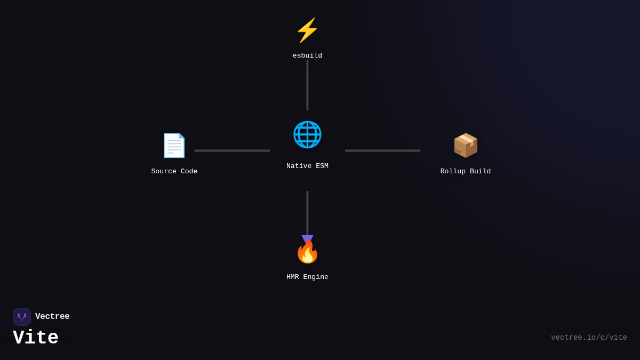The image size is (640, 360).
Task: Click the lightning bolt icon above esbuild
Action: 307,30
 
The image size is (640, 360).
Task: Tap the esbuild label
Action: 307,56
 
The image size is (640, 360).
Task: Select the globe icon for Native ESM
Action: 307,134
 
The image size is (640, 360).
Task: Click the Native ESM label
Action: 307,166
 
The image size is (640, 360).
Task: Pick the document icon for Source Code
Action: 174,145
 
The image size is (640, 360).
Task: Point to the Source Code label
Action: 174,172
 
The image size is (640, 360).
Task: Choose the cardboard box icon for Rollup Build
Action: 466,145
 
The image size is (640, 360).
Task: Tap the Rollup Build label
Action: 466,172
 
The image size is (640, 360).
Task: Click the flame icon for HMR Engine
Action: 307,252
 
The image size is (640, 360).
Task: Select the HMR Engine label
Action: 307,277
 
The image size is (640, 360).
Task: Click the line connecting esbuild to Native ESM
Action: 307,85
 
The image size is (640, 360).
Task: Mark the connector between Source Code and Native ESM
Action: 232,150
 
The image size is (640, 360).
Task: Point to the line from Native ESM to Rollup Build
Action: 382,150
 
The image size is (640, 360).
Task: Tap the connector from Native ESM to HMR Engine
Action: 307,212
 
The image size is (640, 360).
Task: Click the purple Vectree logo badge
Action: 22,317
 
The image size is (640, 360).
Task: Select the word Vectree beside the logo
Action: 52,317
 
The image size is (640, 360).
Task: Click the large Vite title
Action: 36,338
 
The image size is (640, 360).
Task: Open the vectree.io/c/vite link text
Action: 589,338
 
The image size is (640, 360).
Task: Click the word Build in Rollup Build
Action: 480,172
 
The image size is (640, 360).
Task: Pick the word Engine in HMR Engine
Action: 316,277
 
